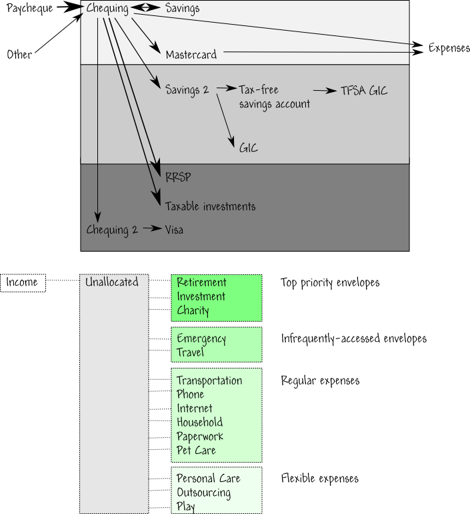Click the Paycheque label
pos(29,8)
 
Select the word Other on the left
pos(19,54)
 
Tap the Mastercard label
pos(191,55)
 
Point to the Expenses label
pos(449,48)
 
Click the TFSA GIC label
pos(364,90)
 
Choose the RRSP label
pos(178,177)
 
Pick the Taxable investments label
pos(210,206)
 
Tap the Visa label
pos(174,230)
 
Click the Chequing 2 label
pos(112,230)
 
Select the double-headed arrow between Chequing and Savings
pos(145,7)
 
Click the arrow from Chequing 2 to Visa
pos(153,228)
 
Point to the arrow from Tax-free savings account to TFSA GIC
pos(325,91)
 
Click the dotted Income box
pos(23,283)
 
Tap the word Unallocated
pos(111,282)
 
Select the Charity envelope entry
pos(193,310)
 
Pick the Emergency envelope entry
pos(201,339)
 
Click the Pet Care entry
pos(196,450)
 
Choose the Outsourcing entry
pos(203,493)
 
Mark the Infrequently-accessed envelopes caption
pos(354,338)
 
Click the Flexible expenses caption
pos(320,479)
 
